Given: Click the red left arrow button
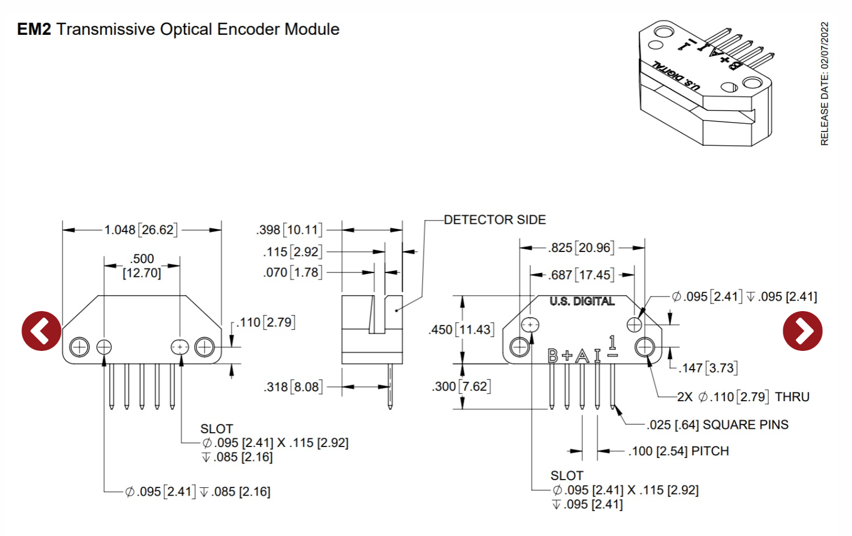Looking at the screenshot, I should [x=41, y=331].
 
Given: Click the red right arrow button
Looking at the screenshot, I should [x=802, y=331].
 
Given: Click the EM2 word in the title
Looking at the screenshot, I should [x=34, y=29].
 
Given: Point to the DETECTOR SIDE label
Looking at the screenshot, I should [x=495, y=220].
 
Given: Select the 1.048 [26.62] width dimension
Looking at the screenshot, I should [x=141, y=230].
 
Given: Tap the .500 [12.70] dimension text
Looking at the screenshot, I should [x=142, y=266].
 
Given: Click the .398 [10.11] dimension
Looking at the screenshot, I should [x=289, y=230].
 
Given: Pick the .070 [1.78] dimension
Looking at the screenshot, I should [x=292, y=272].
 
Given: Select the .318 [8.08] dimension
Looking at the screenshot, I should [x=293, y=387].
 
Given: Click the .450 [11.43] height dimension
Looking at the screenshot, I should [x=460, y=330].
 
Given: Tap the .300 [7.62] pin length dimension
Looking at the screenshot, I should [x=461, y=386].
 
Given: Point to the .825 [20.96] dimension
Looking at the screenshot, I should [x=581, y=248].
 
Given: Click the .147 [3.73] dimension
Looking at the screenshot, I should [x=708, y=368].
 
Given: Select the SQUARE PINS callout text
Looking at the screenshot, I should [x=718, y=425].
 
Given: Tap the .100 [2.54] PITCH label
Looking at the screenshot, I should [x=679, y=451].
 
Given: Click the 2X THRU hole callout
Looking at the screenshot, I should [x=743, y=397].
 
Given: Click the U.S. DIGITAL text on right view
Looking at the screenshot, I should [x=582, y=301].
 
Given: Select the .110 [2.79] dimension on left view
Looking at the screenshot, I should [x=266, y=322].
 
